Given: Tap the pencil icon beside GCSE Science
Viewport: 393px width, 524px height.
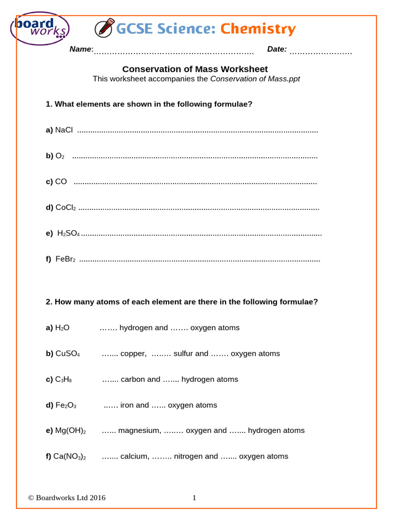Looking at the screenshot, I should (x=104, y=28).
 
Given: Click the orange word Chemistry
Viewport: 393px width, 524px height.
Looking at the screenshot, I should (x=258, y=29).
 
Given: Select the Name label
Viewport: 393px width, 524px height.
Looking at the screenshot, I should (x=81, y=49).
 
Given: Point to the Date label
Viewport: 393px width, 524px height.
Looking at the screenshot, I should (x=277, y=49).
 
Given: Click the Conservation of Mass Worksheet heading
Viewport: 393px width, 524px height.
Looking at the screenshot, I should (x=195, y=69).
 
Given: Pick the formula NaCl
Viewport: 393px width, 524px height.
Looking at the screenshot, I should (x=64, y=130).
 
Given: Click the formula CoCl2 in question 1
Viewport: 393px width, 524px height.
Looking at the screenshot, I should (x=65, y=207).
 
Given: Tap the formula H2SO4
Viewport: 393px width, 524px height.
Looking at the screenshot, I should (x=69, y=233).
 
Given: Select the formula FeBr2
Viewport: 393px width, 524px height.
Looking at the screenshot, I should (x=65, y=259).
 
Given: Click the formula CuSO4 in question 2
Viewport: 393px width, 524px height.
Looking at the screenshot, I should (x=68, y=354).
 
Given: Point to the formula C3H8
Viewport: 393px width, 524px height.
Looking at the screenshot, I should (x=63, y=379).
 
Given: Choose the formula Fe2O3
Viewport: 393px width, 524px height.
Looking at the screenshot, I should (x=65, y=405).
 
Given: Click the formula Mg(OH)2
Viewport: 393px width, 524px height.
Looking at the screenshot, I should (x=71, y=431).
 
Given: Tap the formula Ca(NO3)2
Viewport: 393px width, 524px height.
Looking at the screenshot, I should (x=70, y=456).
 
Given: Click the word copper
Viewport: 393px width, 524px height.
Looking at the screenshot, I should (x=133, y=354).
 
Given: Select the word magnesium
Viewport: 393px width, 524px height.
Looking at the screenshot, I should (x=140, y=431).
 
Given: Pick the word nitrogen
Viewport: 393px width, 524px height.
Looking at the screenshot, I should (x=189, y=456).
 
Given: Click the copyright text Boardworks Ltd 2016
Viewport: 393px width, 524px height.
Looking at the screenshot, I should (x=67, y=497).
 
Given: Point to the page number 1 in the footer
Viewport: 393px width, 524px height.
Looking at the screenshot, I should (x=194, y=497).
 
